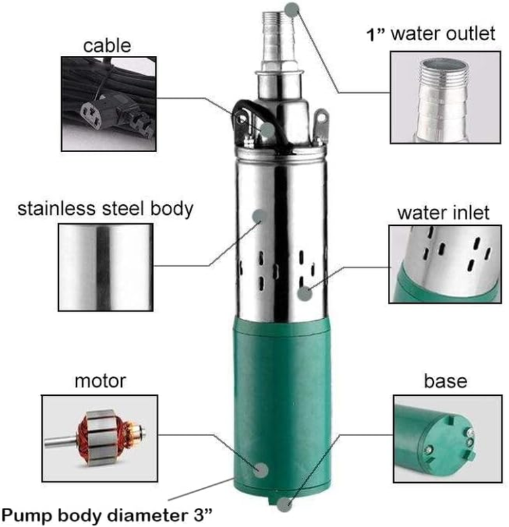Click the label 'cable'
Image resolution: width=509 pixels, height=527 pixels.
coord(107,45)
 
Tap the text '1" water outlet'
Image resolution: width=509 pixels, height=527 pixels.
coord(431,34)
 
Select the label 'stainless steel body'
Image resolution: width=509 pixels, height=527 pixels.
coord(105,209)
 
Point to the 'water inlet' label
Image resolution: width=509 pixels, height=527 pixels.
coord(444,213)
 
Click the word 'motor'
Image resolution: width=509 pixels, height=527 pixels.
coord(100,381)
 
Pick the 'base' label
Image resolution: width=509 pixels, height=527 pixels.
coord(446,381)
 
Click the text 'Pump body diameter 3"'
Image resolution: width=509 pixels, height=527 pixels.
coord(107,515)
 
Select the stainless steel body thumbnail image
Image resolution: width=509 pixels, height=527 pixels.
coord(105,267)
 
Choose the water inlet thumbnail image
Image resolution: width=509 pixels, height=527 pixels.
coord(445,264)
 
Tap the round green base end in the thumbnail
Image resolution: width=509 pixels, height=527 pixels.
coord(447,440)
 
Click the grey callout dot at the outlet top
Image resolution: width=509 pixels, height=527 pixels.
coord(292,9)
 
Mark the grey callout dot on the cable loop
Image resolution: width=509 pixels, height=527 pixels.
coord(267,130)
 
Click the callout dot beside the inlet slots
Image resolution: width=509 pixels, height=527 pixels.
coord(305,293)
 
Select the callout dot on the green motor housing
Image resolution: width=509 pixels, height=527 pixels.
coord(261,470)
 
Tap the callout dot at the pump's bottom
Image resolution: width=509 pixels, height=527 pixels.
coord(284,505)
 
